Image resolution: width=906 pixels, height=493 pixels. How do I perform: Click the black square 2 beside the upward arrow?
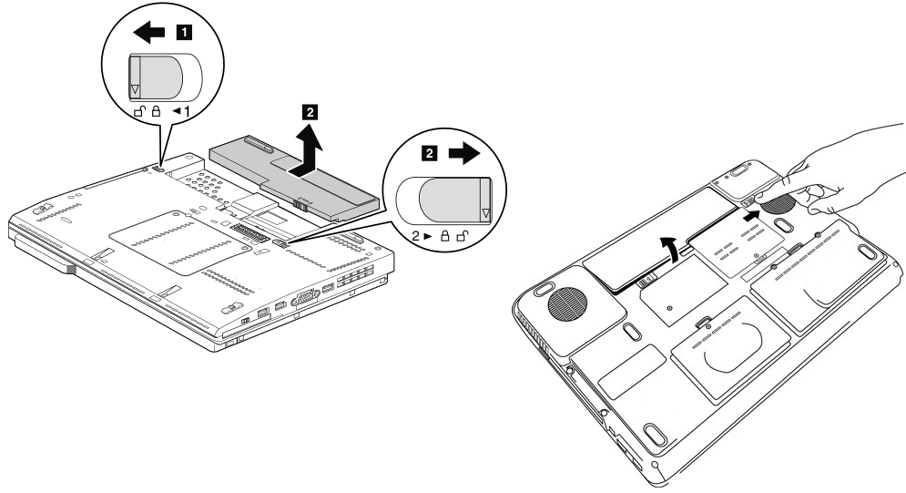(310, 113)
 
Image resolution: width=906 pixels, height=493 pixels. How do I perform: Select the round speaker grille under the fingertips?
(779, 202)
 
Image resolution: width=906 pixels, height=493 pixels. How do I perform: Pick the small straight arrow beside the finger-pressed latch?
(753, 214)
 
